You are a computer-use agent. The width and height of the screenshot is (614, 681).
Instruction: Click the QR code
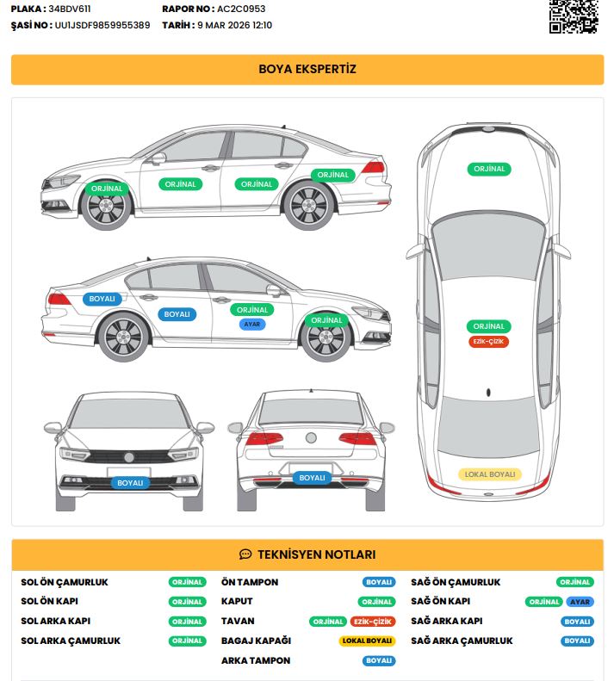click(574, 16)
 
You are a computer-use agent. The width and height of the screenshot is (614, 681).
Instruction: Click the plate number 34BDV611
click(70, 9)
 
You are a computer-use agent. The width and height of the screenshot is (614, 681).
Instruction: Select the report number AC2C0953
click(241, 9)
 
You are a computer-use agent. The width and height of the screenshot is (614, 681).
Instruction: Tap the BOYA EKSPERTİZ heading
click(307, 69)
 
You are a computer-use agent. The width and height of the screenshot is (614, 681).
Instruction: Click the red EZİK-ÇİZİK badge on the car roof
click(488, 342)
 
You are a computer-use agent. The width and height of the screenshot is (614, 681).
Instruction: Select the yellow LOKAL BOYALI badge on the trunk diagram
click(490, 474)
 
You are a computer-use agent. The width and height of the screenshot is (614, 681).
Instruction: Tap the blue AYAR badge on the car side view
click(252, 324)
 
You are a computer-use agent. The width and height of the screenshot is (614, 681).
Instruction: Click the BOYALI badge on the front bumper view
click(130, 483)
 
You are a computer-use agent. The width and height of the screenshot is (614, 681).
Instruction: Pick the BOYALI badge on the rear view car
click(312, 478)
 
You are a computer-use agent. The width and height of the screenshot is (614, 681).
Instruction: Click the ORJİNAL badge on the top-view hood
click(489, 169)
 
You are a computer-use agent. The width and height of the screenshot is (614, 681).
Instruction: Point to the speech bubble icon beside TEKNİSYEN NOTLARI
click(245, 554)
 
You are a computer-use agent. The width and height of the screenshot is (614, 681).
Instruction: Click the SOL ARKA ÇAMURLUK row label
click(71, 641)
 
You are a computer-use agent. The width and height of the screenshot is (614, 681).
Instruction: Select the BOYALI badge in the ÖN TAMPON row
click(379, 582)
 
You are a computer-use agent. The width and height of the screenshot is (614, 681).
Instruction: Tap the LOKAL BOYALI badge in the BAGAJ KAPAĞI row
click(367, 641)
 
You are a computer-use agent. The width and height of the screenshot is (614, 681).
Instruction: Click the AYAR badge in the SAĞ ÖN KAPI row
click(580, 602)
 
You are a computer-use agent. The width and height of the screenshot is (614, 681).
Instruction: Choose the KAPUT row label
click(237, 601)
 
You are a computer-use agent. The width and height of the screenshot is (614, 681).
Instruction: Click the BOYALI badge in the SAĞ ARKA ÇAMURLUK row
click(577, 641)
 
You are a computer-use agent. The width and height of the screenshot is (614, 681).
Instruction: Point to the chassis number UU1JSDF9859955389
click(102, 25)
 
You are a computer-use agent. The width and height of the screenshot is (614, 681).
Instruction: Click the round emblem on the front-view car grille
click(129, 457)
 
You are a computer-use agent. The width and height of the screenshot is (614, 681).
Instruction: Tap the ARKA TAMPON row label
click(256, 660)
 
